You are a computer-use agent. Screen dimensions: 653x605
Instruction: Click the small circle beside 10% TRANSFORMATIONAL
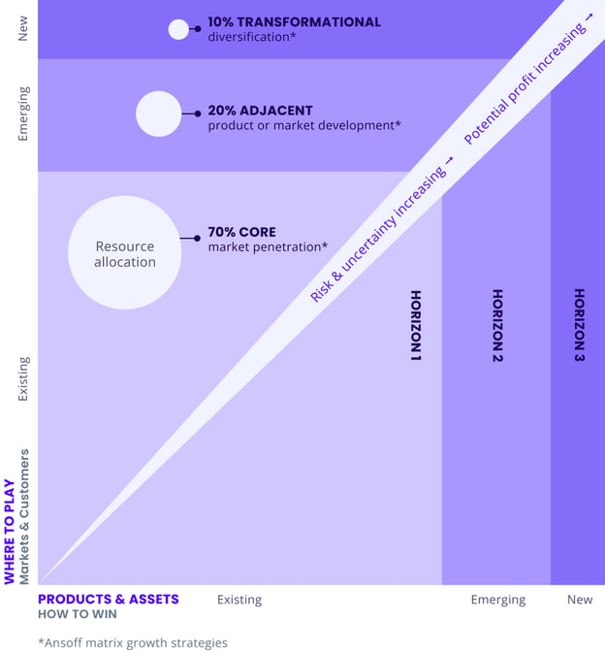[178, 29]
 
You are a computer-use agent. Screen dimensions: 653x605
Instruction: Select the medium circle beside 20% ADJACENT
[158, 114]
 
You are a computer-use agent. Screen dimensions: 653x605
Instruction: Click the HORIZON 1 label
[416, 326]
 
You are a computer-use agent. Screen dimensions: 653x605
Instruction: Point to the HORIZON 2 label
[497, 326]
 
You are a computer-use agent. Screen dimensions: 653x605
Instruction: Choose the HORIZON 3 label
[579, 326]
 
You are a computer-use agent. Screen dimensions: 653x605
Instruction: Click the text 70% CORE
[241, 232]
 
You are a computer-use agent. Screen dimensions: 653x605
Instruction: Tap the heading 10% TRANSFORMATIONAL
[294, 21]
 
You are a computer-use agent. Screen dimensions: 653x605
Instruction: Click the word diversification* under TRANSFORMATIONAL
[251, 37]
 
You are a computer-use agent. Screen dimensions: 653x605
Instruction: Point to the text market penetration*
[268, 247]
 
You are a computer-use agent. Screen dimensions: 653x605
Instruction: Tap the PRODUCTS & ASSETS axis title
[108, 599]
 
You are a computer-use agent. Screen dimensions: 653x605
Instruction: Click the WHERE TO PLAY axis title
[10, 531]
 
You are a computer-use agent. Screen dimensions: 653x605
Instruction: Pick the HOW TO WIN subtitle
[77, 614]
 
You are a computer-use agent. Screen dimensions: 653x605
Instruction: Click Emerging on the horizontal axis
[497, 600]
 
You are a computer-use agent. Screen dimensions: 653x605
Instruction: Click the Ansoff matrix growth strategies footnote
[133, 642]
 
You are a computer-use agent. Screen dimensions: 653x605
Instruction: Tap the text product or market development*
[304, 126]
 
